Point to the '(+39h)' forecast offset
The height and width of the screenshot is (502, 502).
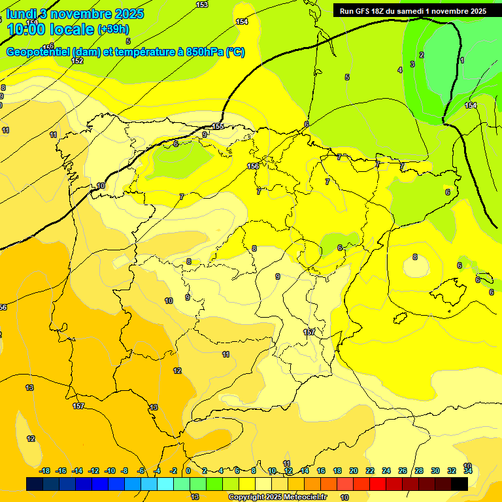tap(113, 29)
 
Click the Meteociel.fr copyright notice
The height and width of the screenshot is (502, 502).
tap(277, 497)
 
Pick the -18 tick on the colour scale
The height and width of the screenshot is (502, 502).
tap(44, 471)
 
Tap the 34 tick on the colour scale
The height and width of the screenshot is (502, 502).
tap(468, 471)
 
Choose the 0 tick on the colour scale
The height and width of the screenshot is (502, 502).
tap(188, 471)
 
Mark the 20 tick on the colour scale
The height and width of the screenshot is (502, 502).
tap(353, 471)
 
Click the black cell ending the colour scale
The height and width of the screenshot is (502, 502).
tap(460, 484)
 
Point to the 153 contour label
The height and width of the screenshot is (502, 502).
tap(202, 5)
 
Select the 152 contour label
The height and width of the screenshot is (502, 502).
tap(77, 61)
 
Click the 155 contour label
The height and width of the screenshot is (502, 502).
tap(218, 126)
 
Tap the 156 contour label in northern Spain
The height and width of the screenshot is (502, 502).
tap(253, 167)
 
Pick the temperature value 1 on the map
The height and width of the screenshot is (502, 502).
tap(462, 60)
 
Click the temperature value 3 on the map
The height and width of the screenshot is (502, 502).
tap(412, 64)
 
